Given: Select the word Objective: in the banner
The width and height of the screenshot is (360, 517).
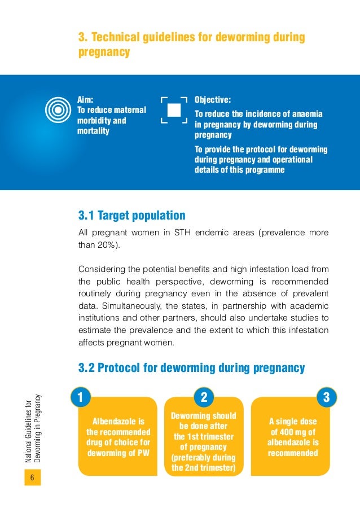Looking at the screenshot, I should [x=213, y=100].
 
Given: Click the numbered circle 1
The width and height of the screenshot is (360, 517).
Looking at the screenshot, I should [x=80, y=397].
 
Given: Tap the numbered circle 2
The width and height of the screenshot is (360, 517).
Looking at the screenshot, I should [x=204, y=397].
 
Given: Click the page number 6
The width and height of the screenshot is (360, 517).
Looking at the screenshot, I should [x=32, y=479].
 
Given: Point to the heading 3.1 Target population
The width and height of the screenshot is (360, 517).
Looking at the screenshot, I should [x=132, y=216].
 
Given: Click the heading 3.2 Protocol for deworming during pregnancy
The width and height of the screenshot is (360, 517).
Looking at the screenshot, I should [x=192, y=369].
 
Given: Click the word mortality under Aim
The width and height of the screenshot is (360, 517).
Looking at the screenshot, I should [x=93, y=132].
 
